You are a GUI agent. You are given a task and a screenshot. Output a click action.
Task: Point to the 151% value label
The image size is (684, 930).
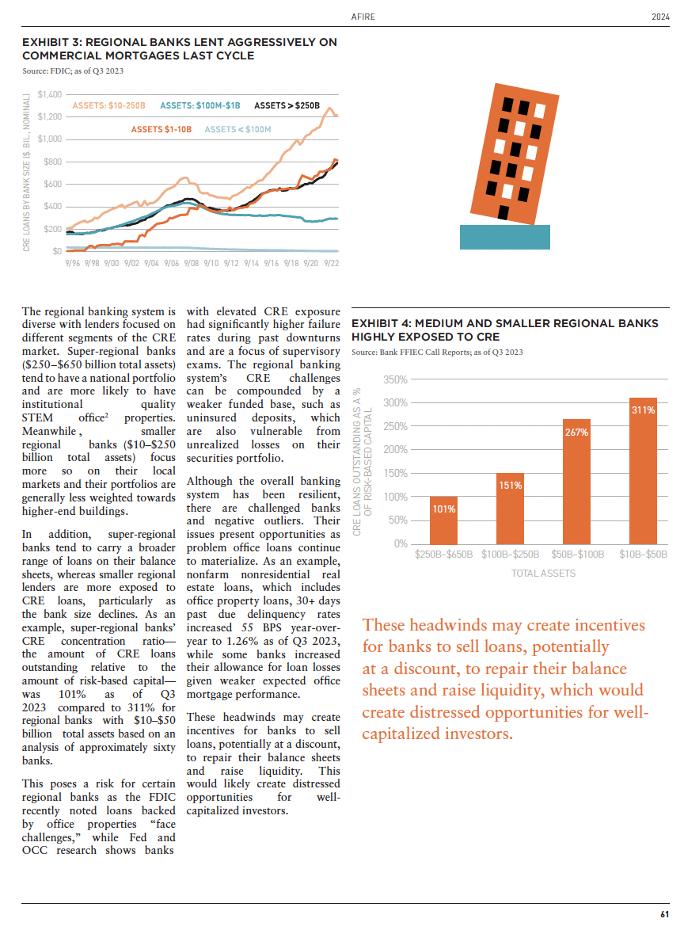point(510,485)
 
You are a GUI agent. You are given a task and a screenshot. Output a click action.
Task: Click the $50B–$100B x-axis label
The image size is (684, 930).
point(576,555)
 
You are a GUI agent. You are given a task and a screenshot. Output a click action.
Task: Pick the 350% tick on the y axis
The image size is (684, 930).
point(396,380)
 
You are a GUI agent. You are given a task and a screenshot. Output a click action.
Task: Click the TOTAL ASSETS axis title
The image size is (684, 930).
point(543,573)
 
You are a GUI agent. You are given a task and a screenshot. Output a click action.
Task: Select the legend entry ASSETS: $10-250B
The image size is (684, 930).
point(109,105)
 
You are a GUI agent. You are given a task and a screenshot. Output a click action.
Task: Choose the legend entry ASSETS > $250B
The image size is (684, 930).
point(287,105)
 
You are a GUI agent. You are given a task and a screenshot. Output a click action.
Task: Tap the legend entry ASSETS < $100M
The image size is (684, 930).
point(237,128)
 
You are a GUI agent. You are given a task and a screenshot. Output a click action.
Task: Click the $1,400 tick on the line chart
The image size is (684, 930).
point(49,94)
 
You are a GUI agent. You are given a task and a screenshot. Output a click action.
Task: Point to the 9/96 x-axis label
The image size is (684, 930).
point(74,262)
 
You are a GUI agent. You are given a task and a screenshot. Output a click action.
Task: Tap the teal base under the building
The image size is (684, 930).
point(504,237)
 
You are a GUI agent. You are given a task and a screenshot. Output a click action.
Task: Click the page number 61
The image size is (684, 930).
point(664,914)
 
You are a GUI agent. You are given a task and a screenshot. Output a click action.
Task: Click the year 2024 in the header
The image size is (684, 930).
point(660,17)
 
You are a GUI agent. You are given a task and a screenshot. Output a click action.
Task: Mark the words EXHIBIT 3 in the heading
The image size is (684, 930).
point(51,41)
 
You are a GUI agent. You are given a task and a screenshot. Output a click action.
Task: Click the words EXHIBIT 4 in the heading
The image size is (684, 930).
point(380,323)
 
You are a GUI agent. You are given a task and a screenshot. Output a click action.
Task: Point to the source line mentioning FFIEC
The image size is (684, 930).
point(436,352)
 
